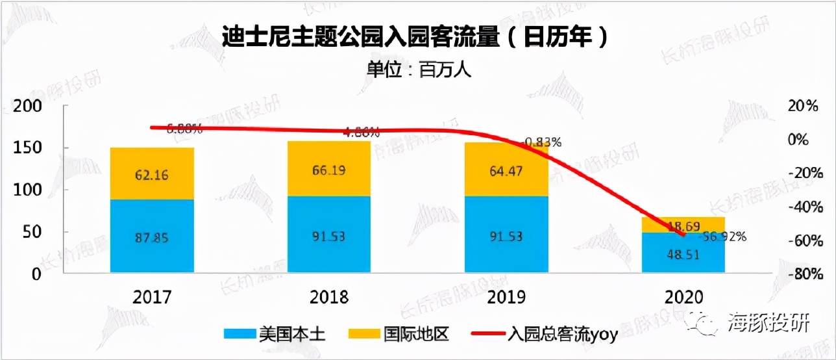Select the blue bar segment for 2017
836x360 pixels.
[x=153, y=236]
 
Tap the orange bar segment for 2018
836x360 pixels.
[x=329, y=168]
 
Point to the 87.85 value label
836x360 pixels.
[x=153, y=237]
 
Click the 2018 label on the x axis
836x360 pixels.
[x=330, y=298]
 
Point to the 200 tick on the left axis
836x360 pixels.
[x=28, y=107]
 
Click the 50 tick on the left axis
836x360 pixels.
[x=33, y=232]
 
